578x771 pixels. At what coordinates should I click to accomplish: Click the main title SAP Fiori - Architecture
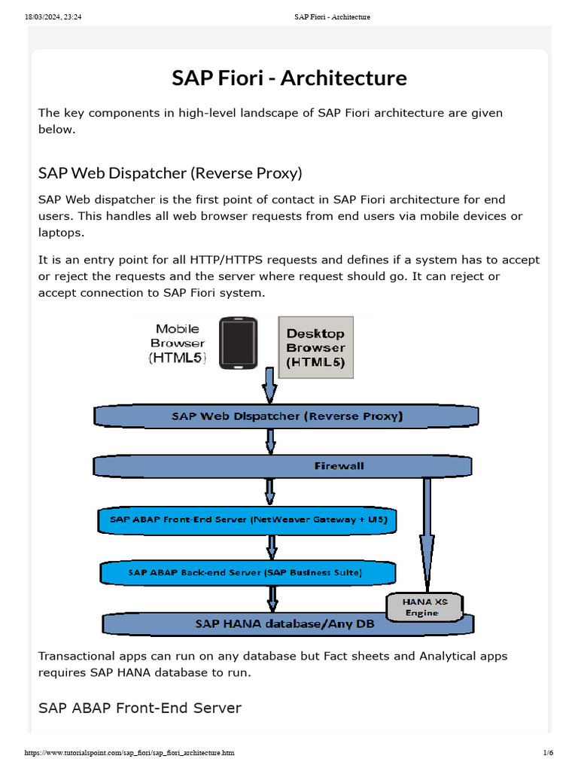[x=289, y=78]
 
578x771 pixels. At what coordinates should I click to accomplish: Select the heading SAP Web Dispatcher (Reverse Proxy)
[x=170, y=173]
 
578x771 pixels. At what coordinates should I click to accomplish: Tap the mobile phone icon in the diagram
[x=238, y=343]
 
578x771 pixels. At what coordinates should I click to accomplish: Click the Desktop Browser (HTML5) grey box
[x=315, y=348]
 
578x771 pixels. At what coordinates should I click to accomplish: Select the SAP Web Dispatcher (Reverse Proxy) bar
[x=286, y=416]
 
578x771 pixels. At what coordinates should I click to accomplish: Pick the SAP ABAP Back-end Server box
[x=245, y=572]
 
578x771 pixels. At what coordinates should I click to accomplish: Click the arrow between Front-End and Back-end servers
[x=272, y=547]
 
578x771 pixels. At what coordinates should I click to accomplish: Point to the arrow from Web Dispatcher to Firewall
[x=270, y=441]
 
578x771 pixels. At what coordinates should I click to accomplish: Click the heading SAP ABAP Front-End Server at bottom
[x=140, y=708]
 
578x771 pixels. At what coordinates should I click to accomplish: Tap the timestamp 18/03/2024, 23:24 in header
[x=53, y=17]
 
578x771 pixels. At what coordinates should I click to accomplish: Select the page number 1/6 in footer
[x=548, y=753]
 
